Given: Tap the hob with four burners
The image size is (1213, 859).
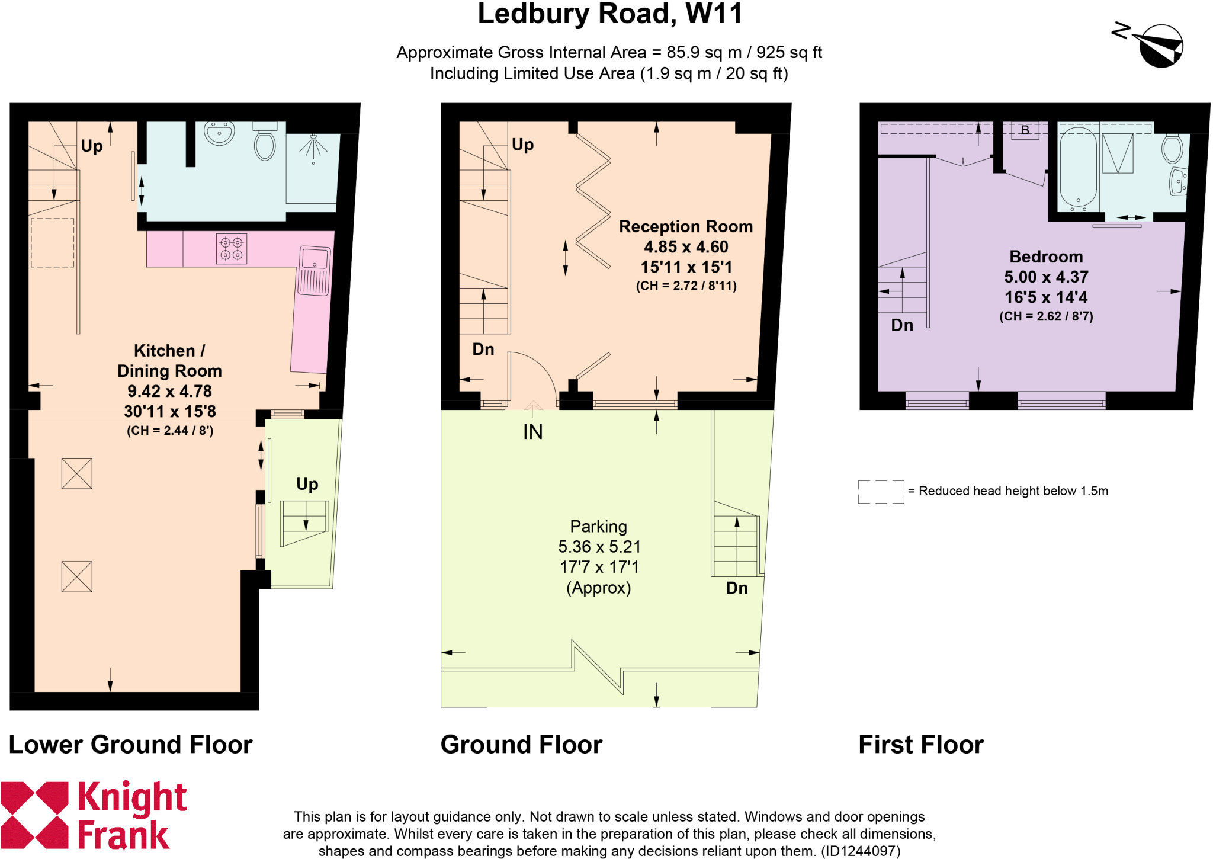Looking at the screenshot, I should (x=232, y=249).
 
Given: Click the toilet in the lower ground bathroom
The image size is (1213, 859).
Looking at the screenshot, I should (x=265, y=143).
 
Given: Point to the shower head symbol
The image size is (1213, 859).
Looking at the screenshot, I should (x=313, y=146).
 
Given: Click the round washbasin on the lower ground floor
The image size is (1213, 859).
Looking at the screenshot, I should (x=219, y=133).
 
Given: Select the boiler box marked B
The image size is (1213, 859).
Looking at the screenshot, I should (x=1025, y=130).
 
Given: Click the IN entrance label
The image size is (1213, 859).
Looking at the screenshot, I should (x=532, y=432).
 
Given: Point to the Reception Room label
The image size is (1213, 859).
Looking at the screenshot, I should (x=685, y=227).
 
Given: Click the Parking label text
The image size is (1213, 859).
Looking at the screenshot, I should (x=598, y=527).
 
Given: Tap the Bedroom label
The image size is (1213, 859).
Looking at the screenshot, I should (x=1045, y=257).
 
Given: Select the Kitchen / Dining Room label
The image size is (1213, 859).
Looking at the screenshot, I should (x=169, y=361).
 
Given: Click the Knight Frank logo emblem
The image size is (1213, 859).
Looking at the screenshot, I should (x=34, y=815).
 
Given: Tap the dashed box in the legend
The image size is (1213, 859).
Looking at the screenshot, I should (x=881, y=492).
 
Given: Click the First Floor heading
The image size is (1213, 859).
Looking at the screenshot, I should (x=920, y=745).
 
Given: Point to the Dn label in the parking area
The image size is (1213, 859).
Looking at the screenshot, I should (x=736, y=588).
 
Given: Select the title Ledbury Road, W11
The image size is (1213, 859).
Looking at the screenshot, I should (x=609, y=14).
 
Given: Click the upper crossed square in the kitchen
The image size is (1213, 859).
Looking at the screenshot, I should (x=77, y=473).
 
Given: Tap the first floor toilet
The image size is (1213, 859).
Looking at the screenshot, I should (x=1172, y=149).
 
